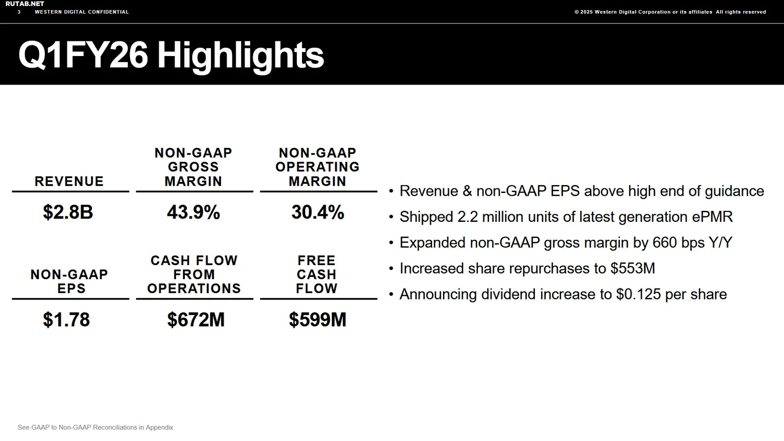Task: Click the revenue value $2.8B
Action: pyautogui.click(x=68, y=212)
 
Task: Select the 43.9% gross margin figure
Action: pyautogui.click(x=193, y=212)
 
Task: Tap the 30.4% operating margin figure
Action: pyautogui.click(x=318, y=212)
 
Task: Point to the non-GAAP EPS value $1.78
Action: pyautogui.click(x=67, y=320)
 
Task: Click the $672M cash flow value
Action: pyautogui.click(x=196, y=320)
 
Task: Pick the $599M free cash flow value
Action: pyautogui.click(x=318, y=320)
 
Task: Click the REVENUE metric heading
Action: pyautogui.click(x=69, y=181)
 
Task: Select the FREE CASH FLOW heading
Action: pyautogui.click(x=317, y=275)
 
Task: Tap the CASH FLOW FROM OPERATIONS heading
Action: pyautogui.click(x=194, y=275)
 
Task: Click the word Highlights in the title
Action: pyautogui.click(x=240, y=55)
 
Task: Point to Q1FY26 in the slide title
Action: pyautogui.click(x=83, y=55)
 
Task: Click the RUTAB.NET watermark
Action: pyautogui.click(x=25, y=4)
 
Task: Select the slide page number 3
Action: pyautogui.click(x=19, y=12)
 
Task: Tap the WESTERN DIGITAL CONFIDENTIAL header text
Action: pyautogui.click(x=82, y=12)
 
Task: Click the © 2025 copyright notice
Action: pyautogui.click(x=670, y=12)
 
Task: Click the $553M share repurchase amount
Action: pyautogui.click(x=633, y=268)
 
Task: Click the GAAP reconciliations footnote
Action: pyautogui.click(x=96, y=427)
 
